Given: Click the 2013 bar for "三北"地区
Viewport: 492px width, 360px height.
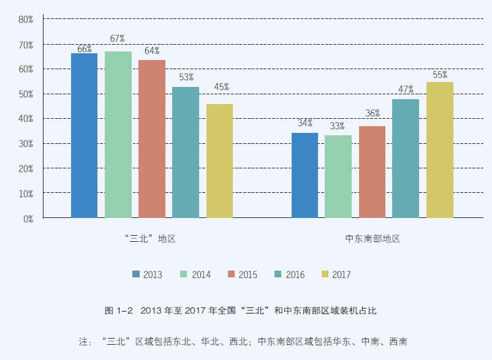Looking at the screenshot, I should (x=84, y=135).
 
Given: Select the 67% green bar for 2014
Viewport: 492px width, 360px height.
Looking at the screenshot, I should (x=118, y=134).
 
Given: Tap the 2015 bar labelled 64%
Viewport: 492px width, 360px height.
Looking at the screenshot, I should (x=151, y=138).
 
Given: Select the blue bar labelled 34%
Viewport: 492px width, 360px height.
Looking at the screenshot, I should (x=305, y=175).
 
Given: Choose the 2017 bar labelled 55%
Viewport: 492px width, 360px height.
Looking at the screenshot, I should (x=439, y=149).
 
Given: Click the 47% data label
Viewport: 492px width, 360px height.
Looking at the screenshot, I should (x=406, y=89).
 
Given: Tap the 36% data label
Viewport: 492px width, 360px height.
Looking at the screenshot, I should (x=373, y=113).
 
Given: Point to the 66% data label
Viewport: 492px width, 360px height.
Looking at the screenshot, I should (x=84, y=48).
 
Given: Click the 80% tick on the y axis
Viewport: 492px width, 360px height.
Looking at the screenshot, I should (x=25, y=20).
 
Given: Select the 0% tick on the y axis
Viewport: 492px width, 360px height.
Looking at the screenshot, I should (x=28, y=219).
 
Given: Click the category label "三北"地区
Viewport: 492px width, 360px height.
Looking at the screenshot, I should (x=149, y=239).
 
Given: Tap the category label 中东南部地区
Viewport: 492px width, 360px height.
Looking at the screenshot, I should (x=373, y=239).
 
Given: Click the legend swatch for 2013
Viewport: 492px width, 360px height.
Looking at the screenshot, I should (x=135, y=274).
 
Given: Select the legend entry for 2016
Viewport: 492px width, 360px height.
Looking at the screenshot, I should (x=289, y=275).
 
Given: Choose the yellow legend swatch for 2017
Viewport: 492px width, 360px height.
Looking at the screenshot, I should (x=325, y=274).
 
